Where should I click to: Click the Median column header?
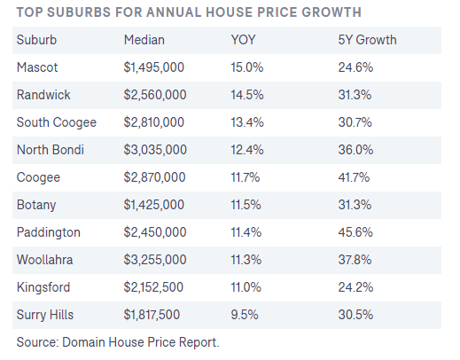click(x=144, y=40)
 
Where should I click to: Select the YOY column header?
click(x=243, y=40)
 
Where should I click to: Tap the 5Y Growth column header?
click(x=367, y=40)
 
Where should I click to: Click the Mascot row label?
click(x=37, y=67)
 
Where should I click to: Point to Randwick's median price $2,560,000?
click(x=155, y=95)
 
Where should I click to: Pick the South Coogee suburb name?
click(x=57, y=122)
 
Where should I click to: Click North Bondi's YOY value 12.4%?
click(x=247, y=150)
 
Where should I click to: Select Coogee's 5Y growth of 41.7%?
click(x=354, y=177)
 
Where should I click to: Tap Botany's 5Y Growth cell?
click(x=355, y=205)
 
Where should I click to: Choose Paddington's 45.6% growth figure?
click(x=355, y=232)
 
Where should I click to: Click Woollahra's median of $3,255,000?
click(x=155, y=260)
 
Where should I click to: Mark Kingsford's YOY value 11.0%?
click(x=246, y=287)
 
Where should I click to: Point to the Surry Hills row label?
click(x=45, y=315)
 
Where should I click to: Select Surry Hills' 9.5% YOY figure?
click(x=245, y=315)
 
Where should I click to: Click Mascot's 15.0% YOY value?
click(x=247, y=67)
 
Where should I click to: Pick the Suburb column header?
click(x=36, y=40)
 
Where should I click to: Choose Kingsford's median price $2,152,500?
click(x=153, y=287)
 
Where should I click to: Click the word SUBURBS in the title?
click(x=79, y=12)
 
